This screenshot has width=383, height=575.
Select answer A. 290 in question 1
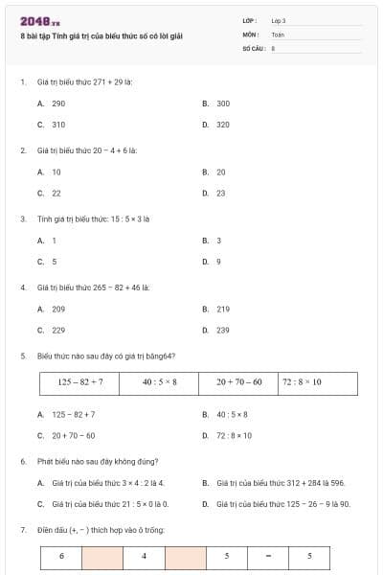(52, 103)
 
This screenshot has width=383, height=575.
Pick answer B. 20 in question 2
(214, 172)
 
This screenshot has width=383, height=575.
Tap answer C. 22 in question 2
(50, 193)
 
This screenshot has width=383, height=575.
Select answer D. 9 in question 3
(213, 262)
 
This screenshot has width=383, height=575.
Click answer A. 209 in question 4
(52, 310)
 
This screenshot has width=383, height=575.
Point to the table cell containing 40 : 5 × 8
(160, 382)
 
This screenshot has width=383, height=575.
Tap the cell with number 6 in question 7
(61, 556)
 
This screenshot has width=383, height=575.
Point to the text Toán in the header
(278, 34)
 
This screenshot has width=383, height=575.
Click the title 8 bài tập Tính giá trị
(101, 35)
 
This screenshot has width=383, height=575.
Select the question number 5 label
(23, 356)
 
